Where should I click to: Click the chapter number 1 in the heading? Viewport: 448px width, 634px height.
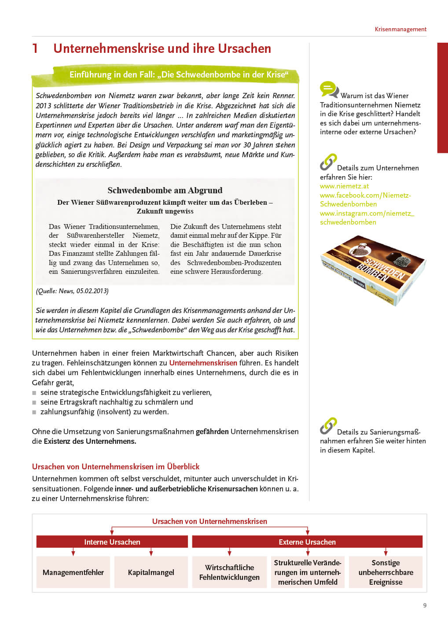[35, 48]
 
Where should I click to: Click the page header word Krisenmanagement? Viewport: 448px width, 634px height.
[400, 29]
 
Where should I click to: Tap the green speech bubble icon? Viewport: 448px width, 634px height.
[329, 89]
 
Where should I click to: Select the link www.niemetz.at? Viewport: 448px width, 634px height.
[344, 186]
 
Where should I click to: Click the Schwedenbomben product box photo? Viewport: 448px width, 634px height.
[373, 270]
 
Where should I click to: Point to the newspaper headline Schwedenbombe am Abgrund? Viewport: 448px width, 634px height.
[165, 190]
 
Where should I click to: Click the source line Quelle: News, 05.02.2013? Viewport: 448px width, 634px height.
[72, 291]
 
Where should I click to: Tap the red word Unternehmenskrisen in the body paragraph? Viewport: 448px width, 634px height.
[203, 363]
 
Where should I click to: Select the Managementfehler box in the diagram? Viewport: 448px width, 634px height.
[73, 572]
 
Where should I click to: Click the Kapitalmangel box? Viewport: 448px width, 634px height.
[151, 572]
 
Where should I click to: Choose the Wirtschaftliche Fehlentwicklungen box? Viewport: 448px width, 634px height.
[229, 572]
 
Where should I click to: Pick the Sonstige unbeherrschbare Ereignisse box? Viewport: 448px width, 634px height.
[386, 572]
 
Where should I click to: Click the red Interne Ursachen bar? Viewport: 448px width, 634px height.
[112, 542]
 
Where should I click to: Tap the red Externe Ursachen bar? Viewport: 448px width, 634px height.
[307, 542]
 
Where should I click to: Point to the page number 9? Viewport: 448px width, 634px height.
[425, 605]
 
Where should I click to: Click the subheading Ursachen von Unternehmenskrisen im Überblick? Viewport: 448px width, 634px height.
[116, 467]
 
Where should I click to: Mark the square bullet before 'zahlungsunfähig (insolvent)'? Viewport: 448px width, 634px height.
[34, 412]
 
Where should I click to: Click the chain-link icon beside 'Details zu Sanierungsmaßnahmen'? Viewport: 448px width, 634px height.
[328, 426]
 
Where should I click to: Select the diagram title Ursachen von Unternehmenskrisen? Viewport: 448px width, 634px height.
[209, 521]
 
